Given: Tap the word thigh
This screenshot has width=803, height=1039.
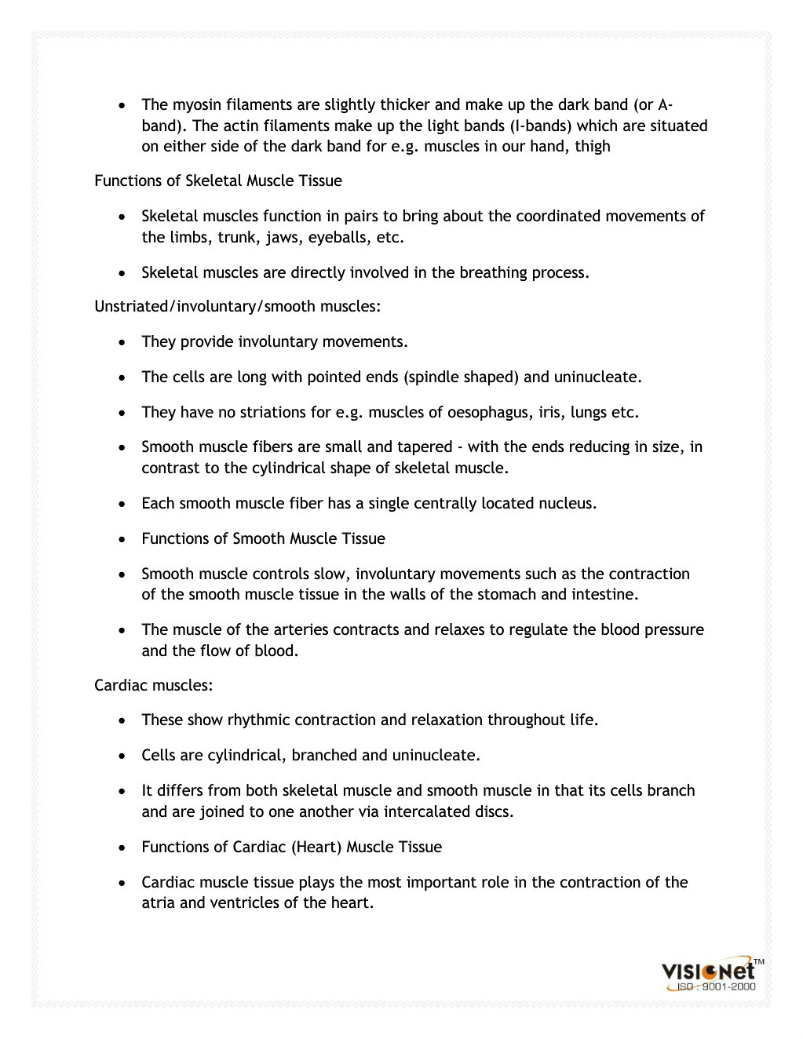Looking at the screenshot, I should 593,147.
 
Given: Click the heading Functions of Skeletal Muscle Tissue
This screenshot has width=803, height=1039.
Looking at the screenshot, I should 218,181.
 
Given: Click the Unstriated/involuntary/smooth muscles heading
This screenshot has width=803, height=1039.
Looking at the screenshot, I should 237,307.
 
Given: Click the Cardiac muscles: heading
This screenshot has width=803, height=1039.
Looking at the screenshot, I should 154,686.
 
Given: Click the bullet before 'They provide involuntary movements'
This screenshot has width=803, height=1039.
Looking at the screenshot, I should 122,343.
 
